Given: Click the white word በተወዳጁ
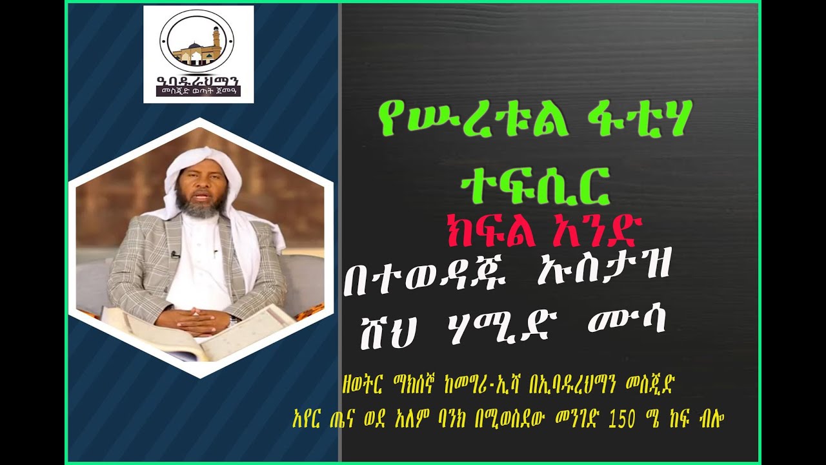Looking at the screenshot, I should coord(434,283).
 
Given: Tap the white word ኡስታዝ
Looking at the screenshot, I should coord(599,283).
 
